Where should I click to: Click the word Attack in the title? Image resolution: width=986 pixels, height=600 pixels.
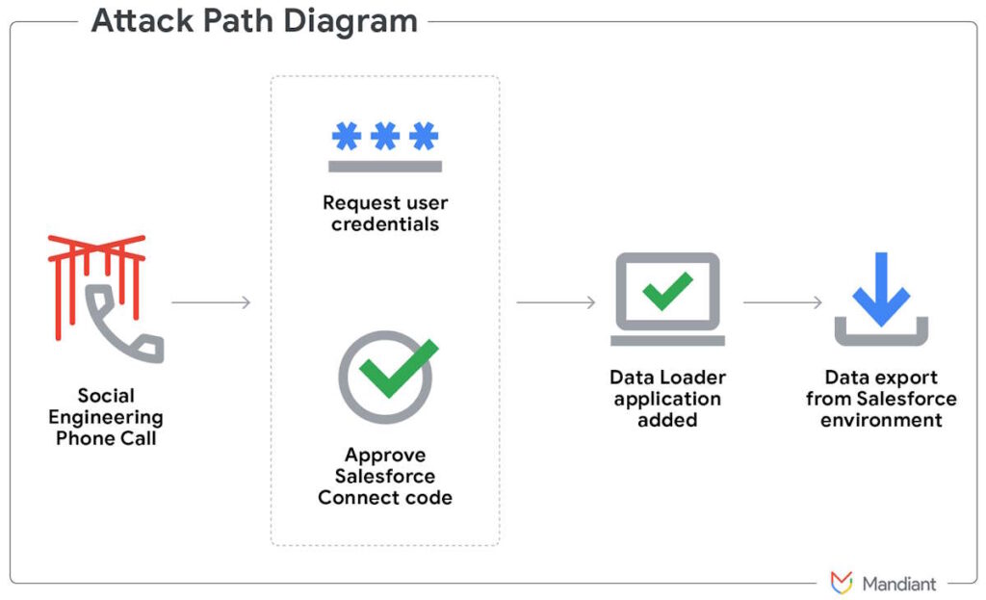(143, 20)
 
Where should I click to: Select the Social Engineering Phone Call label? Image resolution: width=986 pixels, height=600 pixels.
(106, 416)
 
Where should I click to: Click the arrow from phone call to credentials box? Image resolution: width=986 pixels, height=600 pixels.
(211, 302)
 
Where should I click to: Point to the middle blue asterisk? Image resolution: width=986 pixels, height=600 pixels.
(385, 135)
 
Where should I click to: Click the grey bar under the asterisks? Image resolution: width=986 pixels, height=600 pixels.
(385, 166)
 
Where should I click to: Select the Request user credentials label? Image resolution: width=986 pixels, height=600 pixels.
(385, 213)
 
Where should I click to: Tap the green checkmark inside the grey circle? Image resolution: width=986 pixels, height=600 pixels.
(399, 368)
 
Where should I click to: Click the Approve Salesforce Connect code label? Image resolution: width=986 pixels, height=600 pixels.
(385, 476)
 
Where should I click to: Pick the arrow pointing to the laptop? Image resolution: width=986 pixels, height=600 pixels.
(556, 302)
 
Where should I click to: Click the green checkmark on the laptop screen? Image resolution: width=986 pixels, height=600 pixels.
(667, 291)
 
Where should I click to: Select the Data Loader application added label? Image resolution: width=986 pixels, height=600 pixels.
(668, 398)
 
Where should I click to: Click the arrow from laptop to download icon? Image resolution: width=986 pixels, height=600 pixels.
(782, 302)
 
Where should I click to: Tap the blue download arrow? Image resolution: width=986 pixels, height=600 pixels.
(881, 289)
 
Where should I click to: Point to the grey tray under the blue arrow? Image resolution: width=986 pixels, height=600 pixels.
(881, 340)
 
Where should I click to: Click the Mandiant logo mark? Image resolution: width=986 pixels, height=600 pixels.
(842, 583)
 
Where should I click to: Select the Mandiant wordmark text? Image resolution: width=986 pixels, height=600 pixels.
(899, 584)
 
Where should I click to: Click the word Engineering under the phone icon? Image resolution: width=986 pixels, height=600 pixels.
(106, 418)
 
